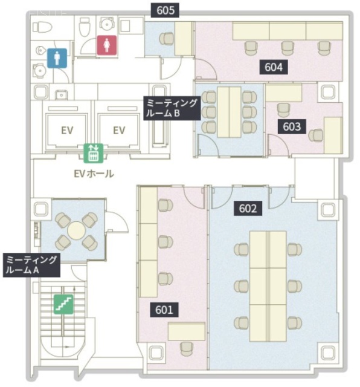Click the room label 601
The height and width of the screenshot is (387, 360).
click(164, 310)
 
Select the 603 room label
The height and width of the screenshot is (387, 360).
click(292, 126)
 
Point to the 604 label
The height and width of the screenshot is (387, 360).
click(274, 67)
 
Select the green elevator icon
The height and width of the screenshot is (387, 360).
click(94, 153)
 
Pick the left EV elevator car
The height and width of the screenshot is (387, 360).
click(66, 129)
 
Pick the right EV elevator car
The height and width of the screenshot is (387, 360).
click(118, 129)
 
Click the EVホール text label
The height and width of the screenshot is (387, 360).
click(93, 174)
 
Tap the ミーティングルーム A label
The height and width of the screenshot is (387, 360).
click(31, 265)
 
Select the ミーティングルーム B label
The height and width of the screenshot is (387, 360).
click(170, 108)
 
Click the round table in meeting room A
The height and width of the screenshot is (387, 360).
click(76, 230)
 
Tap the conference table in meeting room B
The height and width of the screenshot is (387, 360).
click(229, 111)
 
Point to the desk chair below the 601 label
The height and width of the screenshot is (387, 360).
click(185, 347)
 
